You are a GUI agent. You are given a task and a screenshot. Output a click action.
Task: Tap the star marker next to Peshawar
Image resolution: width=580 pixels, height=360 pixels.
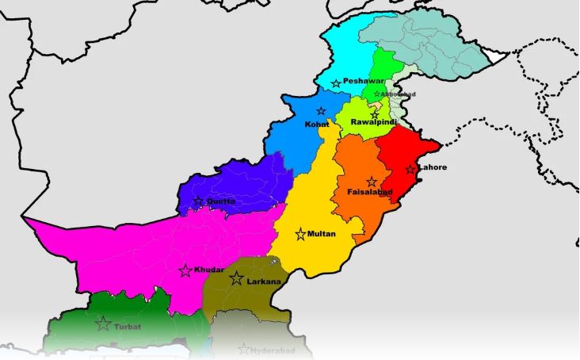point(336,83)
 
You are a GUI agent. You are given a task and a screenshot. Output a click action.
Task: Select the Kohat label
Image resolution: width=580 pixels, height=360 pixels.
point(317,124)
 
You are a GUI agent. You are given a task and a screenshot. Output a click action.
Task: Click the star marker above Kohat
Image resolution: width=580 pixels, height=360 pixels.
point(321,111)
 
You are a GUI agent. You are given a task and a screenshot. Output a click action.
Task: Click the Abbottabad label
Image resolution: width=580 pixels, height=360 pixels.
point(399,94)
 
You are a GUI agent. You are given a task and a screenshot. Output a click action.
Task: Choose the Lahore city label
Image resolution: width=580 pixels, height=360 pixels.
point(433,167)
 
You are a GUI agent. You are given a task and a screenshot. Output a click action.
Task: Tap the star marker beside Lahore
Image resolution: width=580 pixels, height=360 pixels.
point(410,169)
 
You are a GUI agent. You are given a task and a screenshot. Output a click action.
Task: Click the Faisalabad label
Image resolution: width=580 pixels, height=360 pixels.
point(370,192)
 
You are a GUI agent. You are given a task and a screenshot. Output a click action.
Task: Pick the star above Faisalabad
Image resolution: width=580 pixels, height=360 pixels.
point(371,182)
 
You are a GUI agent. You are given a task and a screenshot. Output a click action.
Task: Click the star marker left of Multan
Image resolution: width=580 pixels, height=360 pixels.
point(300,234)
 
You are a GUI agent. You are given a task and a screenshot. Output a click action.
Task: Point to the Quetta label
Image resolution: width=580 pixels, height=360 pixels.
point(221,201)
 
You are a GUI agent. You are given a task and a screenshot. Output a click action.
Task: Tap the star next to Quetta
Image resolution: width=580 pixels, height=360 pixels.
point(198,201)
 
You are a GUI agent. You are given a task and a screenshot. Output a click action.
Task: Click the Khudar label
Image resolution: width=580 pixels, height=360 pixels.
point(208,270)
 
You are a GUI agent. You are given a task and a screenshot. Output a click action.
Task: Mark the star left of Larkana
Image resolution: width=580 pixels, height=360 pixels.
point(236,278)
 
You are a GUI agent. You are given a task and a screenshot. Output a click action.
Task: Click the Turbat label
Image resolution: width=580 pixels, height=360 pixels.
point(128,325)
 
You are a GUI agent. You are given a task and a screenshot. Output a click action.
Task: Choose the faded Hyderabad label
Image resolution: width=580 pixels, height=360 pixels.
point(273,350)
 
